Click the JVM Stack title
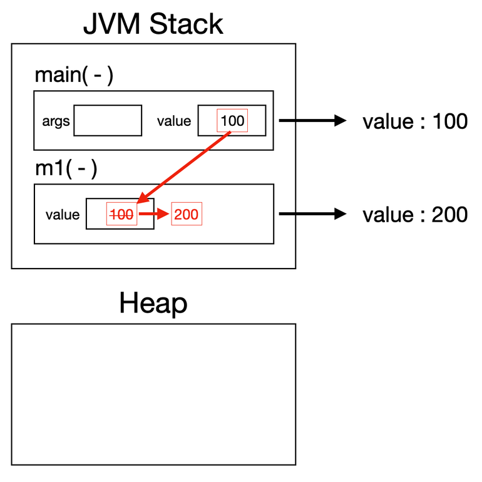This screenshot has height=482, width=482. [x=153, y=24]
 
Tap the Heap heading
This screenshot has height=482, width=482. [x=153, y=303]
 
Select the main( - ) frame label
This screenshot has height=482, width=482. [x=74, y=74]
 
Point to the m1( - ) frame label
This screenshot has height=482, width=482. [x=66, y=168]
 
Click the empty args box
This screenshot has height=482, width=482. [x=108, y=120]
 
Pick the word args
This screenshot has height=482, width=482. [x=56, y=121]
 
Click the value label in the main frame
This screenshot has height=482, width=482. [x=174, y=121]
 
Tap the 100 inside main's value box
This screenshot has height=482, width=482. [x=232, y=120]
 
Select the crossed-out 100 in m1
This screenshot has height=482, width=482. [x=121, y=214]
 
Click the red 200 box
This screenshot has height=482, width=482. [x=187, y=214]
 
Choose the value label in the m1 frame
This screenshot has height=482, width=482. [x=63, y=215]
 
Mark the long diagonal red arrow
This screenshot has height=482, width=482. [x=183, y=168]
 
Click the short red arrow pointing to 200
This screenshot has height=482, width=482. [x=154, y=213]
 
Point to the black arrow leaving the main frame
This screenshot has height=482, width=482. [x=312, y=120]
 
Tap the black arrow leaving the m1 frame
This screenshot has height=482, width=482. [x=312, y=214]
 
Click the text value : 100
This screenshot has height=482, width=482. [x=415, y=121]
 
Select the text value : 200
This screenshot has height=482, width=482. [x=415, y=215]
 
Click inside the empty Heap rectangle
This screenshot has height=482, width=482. [x=153, y=394]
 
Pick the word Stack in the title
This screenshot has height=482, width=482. [x=187, y=24]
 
